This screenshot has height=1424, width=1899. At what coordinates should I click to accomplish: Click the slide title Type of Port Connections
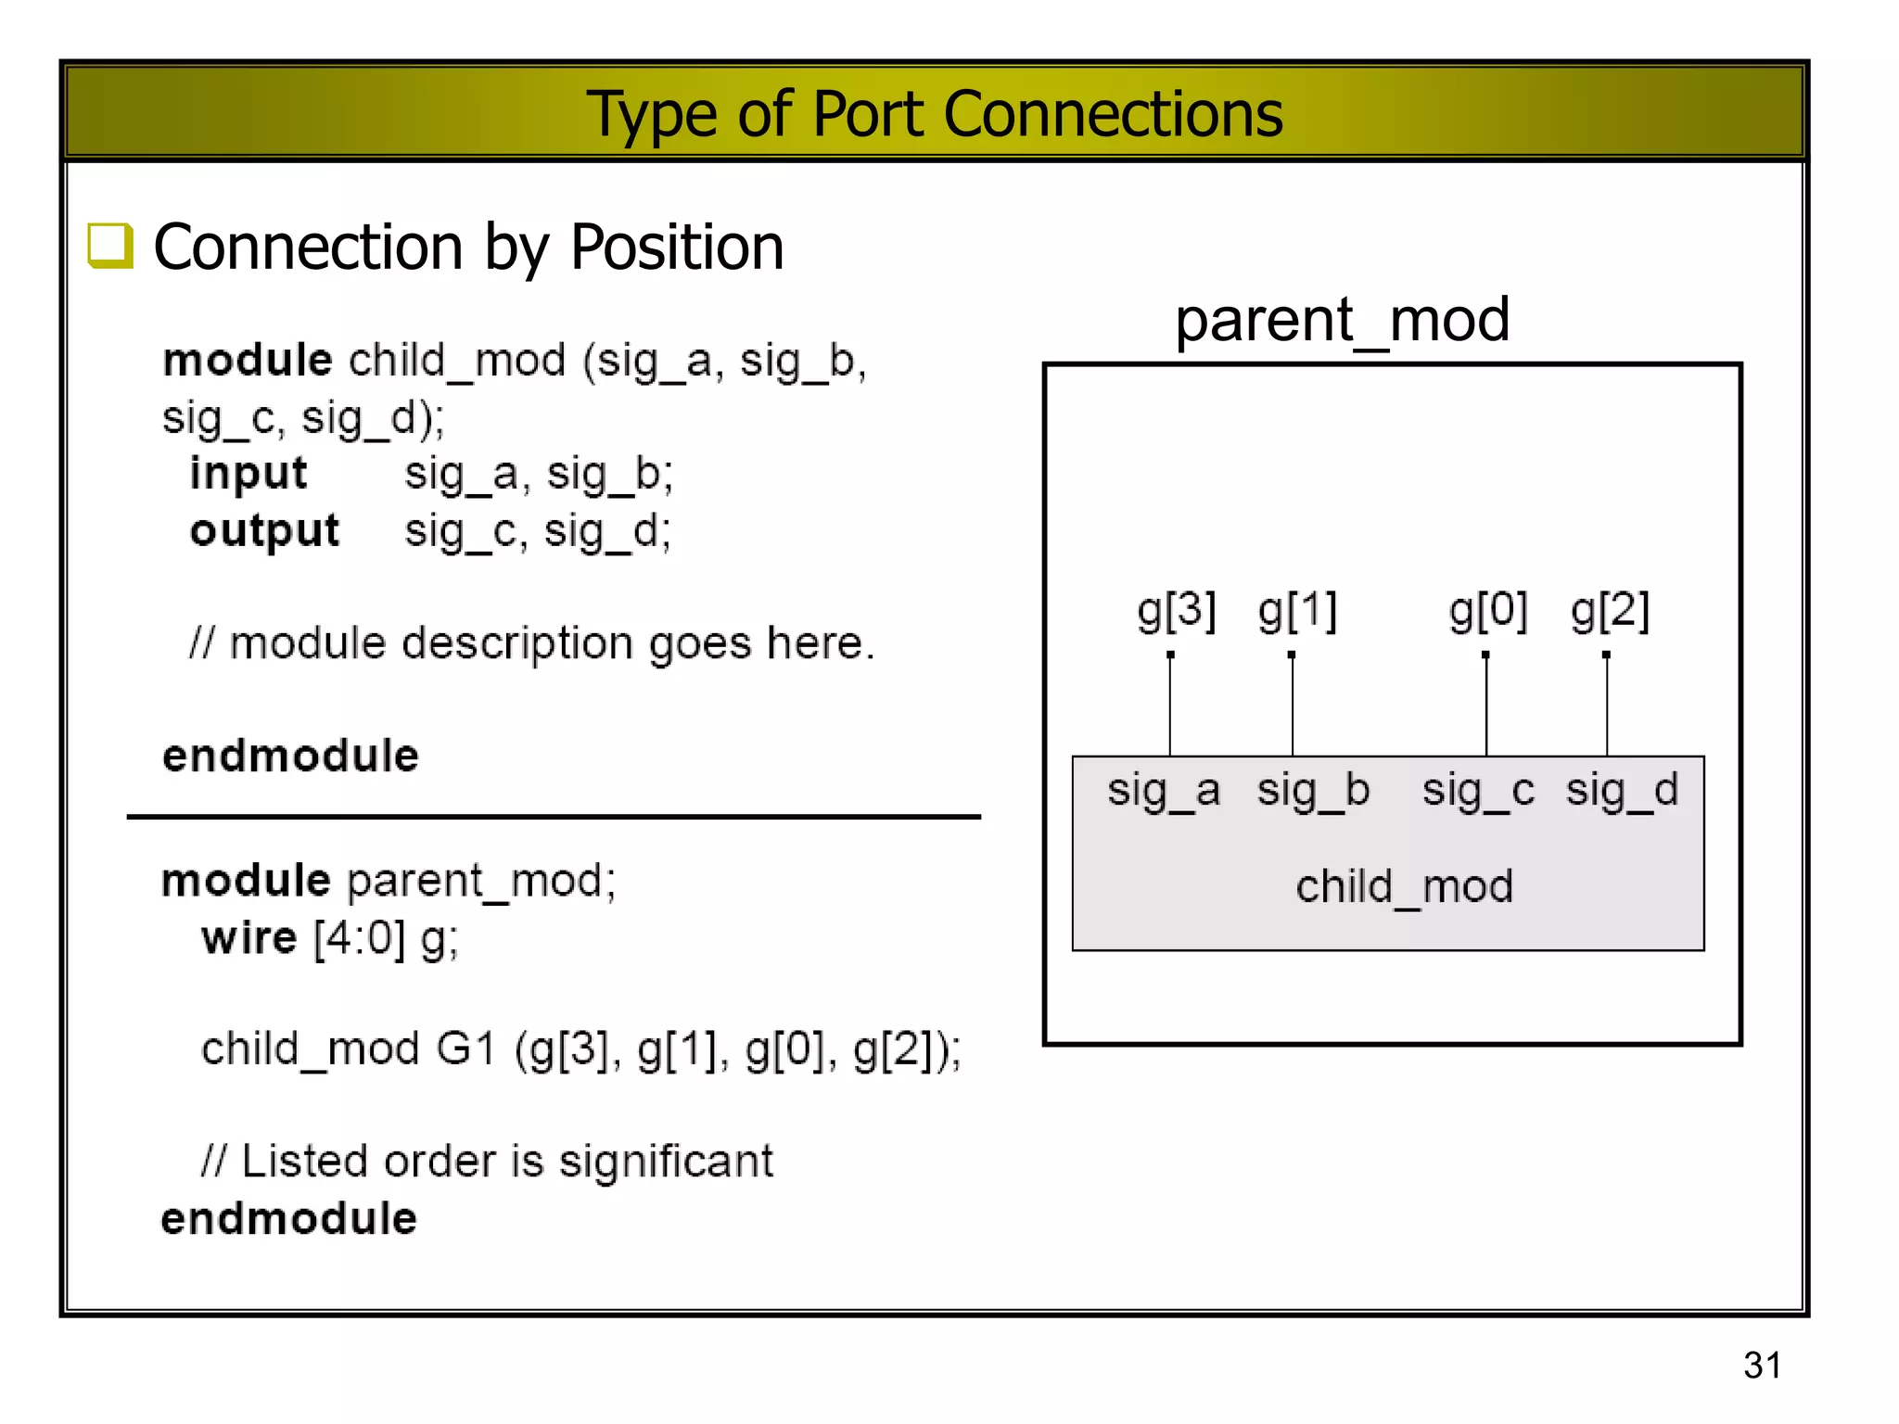[x=935, y=114]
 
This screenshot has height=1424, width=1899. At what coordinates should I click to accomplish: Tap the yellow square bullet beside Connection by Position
[x=110, y=247]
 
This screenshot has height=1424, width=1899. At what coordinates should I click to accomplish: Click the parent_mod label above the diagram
[x=1342, y=320]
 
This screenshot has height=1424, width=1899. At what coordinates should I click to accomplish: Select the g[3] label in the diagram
[x=1176, y=611]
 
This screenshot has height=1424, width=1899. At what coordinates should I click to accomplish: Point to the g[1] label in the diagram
[x=1297, y=611]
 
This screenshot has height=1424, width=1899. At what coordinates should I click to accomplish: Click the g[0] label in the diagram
[x=1488, y=611]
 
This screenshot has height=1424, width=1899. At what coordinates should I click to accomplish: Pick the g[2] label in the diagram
[x=1610, y=611]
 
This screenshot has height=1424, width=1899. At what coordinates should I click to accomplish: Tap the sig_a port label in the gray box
[x=1164, y=791]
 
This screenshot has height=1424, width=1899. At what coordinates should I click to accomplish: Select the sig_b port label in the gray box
[x=1313, y=791]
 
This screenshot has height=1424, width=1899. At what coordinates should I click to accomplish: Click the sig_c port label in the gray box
[x=1478, y=791]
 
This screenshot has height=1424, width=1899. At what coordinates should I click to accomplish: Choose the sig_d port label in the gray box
[x=1622, y=791]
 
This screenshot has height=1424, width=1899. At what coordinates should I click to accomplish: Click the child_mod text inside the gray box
[x=1404, y=887]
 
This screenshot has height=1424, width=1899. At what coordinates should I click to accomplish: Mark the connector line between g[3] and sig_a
[x=1170, y=706]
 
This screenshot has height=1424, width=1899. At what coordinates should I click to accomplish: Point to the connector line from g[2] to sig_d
[x=1607, y=706]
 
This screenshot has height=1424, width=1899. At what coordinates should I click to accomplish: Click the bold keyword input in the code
[x=248, y=474]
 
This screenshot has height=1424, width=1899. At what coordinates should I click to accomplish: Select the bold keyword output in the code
[x=264, y=530]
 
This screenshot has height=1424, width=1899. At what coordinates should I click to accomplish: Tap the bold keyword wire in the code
[x=249, y=938]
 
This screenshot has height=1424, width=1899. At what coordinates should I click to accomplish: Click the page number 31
[x=1762, y=1365]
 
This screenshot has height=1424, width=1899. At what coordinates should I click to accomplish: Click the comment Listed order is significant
[x=488, y=1162]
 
